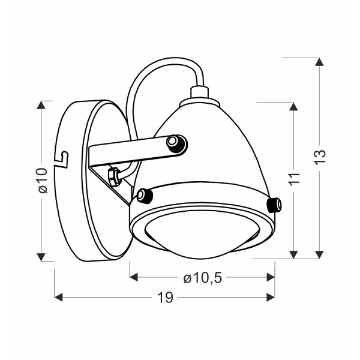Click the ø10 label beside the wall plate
[41, 180]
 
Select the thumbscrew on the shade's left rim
[143, 195]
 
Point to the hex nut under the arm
[112, 175]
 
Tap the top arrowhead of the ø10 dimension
[41, 106]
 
